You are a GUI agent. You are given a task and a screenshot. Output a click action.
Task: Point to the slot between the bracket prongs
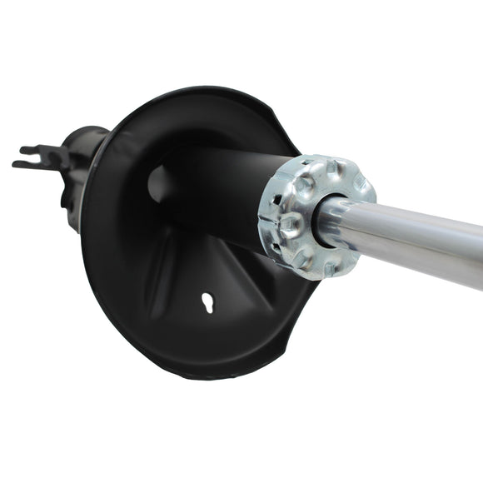[x=25, y=157]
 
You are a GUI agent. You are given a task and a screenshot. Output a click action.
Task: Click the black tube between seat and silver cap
[x=225, y=200]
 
